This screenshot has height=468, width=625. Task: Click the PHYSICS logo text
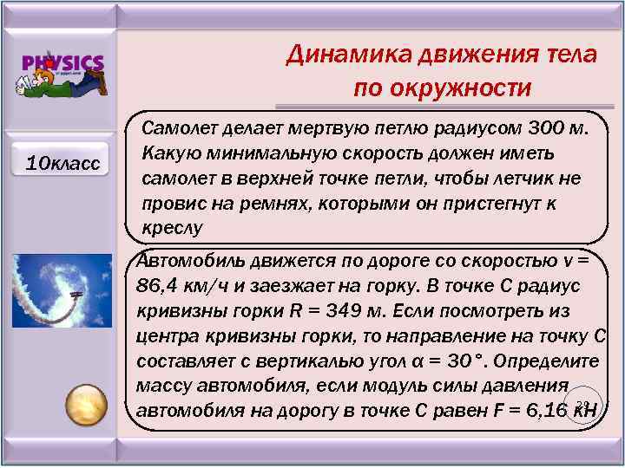(x=63, y=64)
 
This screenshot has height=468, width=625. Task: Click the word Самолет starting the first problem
(x=179, y=130)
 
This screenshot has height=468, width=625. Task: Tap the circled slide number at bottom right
(x=584, y=405)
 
